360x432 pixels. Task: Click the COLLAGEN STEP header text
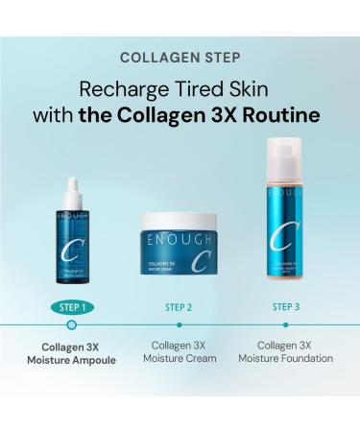pyautogui.click(x=180, y=58)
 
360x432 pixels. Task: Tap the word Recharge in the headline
pyautogui.click(x=118, y=91)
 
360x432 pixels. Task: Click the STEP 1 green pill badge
pyautogui.click(x=70, y=307)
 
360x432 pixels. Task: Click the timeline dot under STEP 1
pyautogui.click(x=70, y=325)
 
